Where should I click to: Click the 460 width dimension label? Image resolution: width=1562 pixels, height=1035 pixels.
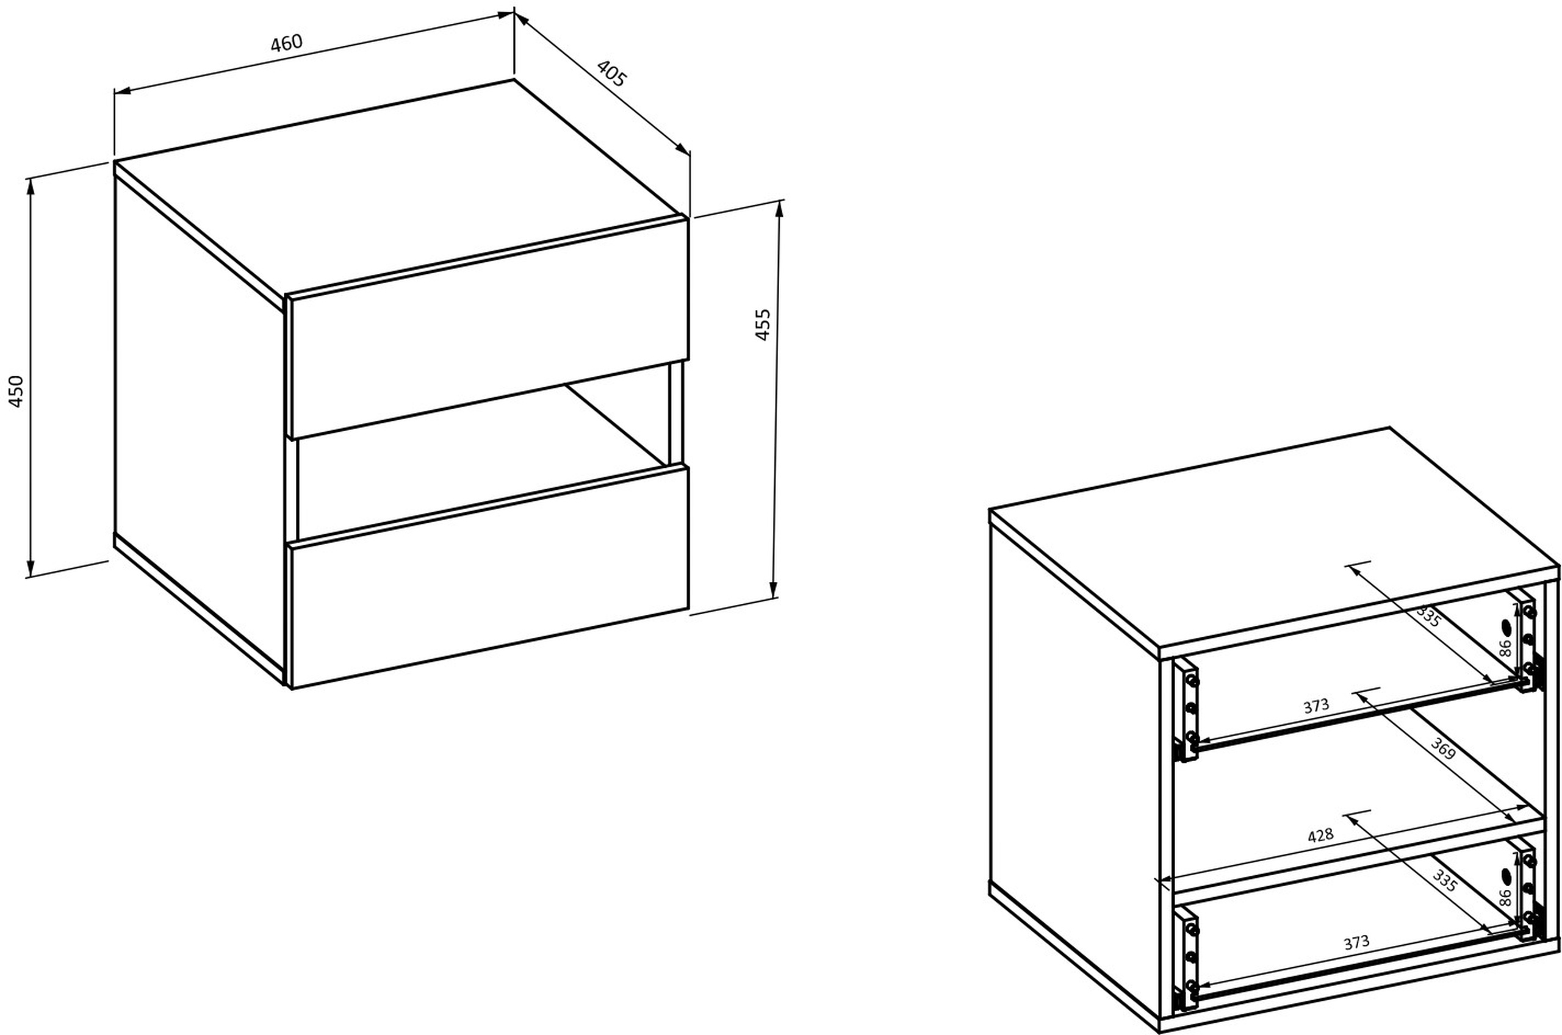(287, 43)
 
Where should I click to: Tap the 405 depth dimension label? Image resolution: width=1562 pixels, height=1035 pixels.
(611, 74)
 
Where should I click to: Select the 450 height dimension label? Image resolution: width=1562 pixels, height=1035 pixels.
(16, 392)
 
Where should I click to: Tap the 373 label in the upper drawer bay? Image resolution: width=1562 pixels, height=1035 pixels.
(1315, 706)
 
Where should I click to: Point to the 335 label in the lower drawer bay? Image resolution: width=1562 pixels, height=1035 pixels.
(1444, 881)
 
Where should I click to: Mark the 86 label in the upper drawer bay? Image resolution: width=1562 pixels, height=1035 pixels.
(1505, 648)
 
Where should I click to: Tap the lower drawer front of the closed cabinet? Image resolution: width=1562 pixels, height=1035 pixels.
(489, 577)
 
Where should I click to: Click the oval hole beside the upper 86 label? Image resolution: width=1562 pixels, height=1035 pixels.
(1507, 627)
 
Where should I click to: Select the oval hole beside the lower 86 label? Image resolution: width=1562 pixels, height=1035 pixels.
(1507, 876)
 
